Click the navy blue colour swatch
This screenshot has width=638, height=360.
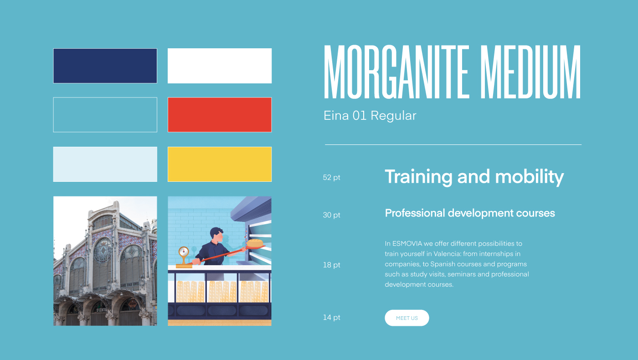(x=105, y=66)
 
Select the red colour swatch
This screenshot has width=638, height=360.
(x=220, y=115)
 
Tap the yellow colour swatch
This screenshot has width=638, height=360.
(x=220, y=165)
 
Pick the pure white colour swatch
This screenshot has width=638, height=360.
(x=220, y=66)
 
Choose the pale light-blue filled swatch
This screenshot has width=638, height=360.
(x=105, y=165)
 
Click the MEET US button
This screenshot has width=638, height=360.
(x=406, y=318)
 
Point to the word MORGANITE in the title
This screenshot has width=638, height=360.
(x=396, y=72)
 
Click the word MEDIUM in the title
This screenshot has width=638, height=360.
(x=530, y=72)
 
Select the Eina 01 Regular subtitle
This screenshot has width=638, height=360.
(x=370, y=116)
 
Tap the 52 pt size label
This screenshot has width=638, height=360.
(x=332, y=177)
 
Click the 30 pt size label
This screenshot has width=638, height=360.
(x=332, y=215)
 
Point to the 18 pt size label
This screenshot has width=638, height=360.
(x=332, y=265)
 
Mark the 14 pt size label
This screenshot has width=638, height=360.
(x=332, y=318)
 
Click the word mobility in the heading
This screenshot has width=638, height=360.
(x=530, y=177)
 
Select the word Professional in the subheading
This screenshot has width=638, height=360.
(x=415, y=213)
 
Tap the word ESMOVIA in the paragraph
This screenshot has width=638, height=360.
(x=407, y=243)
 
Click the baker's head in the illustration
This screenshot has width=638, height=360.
(x=216, y=235)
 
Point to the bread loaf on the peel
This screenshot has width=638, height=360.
(x=255, y=243)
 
